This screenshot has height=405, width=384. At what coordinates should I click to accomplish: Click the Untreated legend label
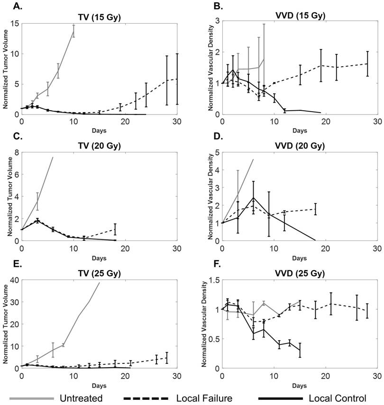(82, 398)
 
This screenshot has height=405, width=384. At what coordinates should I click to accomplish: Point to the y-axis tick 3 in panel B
(217, 21)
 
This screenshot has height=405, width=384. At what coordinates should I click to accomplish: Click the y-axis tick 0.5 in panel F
(213, 339)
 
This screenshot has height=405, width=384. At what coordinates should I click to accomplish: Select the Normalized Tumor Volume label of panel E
(5, 323)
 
